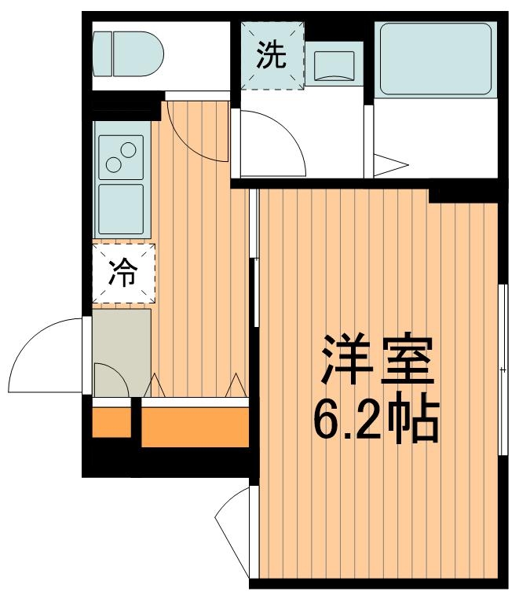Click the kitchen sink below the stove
pyautogui.click(x=121, y=208)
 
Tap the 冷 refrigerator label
pyautogui.click(x=123, y=273)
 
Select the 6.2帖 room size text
pyautogui.click(x=375, y=421)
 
